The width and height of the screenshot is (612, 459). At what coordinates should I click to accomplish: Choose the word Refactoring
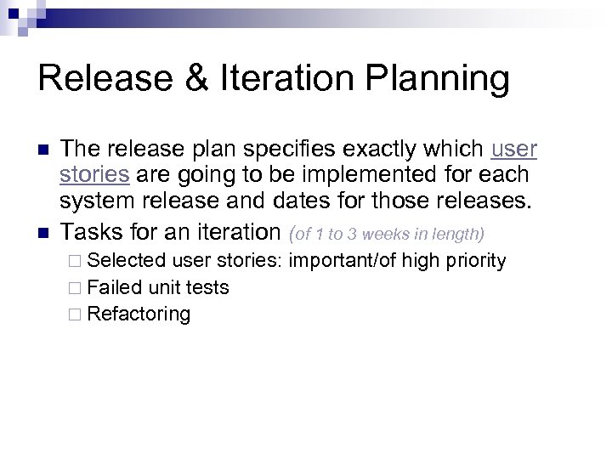pos(139,314)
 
